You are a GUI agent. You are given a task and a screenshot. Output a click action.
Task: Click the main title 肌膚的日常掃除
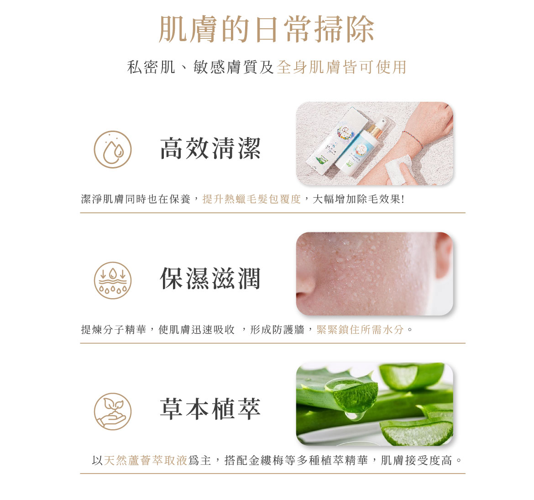point(267,29)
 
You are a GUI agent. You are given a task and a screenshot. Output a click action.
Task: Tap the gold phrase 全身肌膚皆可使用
point(341,67)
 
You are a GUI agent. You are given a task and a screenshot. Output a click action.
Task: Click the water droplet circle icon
point(113,149)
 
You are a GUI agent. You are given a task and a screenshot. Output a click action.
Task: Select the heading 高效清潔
point(210,148)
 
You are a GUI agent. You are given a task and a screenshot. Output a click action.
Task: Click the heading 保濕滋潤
point(210,279)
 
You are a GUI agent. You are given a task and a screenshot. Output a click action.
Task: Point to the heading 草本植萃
point(210,409)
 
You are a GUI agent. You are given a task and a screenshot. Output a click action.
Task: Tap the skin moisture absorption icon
point(113,280)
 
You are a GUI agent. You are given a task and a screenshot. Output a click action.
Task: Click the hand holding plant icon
point(113,411)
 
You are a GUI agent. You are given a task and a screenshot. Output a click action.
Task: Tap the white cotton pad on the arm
point(399,168)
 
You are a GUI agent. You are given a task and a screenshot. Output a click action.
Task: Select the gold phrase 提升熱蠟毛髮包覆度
point(251,199)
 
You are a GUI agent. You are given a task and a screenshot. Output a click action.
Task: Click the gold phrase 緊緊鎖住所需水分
point(360,330)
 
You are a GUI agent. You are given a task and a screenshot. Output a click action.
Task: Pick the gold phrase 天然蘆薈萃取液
point(146,460)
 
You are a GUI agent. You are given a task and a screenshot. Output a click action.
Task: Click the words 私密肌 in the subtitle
point(151,67)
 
